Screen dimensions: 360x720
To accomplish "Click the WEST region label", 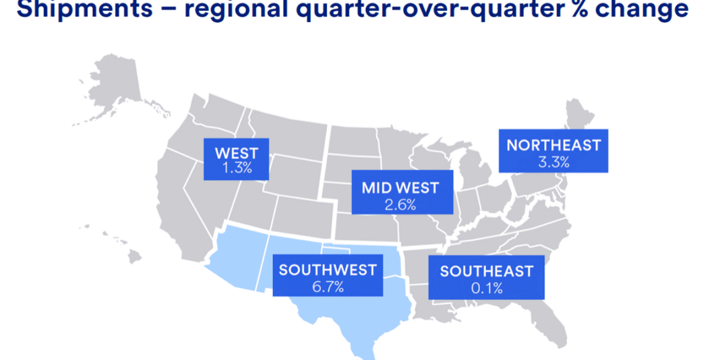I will pyautogui.click(x=236, y=152).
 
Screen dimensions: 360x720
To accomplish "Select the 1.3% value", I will pyautogui.click(x=237, y=169).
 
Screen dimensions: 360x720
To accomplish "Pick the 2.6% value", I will pyautogui.click(x=400, y=204).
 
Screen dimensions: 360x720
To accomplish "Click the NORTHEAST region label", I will pyautogui.click(x=553, y=145).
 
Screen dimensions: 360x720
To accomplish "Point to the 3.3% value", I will pyautogui.click(x=553, y=162).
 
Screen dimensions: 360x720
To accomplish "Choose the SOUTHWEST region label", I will pyautogui.click(x=328, y=270).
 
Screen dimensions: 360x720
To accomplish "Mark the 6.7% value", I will pyautogui.click(x=328, y=287).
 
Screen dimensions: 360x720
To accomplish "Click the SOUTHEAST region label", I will pyautogui.click(x=486, y=272).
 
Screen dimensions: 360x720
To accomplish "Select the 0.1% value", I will pyautogui.click(x=486, y=289).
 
